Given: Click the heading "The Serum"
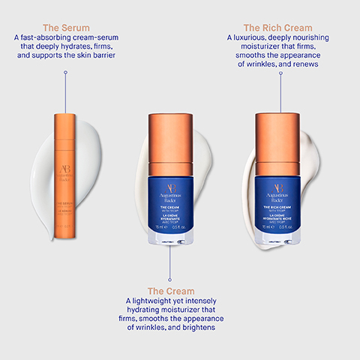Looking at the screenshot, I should pyautogui.click(x=65, y=27).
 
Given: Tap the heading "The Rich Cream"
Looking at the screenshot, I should pyautogui.click(x=277, y=27).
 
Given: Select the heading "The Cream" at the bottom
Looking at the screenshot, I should pyautogui.click(x=170, y=291).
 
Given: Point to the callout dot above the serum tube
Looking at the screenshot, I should pyautogui.click(x=66, y=72).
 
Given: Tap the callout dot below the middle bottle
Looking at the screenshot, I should pyautogui.click(x=170, y=250).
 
